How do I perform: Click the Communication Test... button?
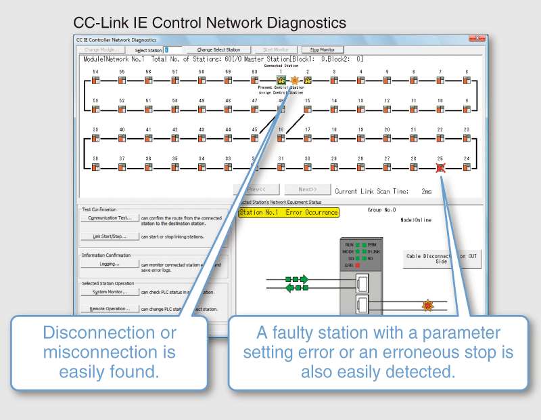point(110,218)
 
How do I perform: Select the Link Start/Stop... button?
point(110,236)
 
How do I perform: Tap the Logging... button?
point(110,264)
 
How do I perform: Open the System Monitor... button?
point(110,292)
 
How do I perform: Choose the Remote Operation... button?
point(110,308)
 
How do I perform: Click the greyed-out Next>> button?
point(307,190)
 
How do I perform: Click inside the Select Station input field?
point(173,50)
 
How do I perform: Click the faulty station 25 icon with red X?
point(440,167)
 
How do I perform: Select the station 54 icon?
point(95,81)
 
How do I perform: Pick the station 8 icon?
point(467,81)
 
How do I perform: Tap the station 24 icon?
point(467,167)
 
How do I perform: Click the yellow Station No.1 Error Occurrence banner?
point(288,213)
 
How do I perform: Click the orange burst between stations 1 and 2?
point(294,81)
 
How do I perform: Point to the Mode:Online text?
point(415,220)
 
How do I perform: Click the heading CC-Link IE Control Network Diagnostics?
point(210,23)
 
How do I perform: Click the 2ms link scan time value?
point(426,192)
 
